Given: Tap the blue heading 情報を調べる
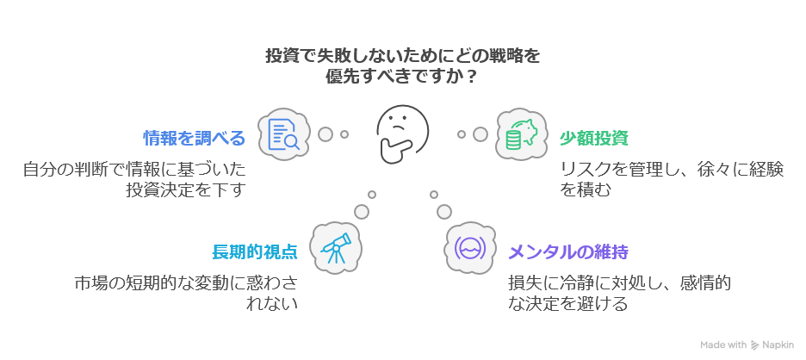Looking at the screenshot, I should (x=194, y=138).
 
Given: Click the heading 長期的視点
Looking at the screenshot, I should (x=255, y=252).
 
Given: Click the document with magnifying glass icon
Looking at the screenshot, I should (x=283, y=135).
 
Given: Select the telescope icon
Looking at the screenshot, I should (x=335, y=247).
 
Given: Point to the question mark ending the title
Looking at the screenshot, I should (x=473, y=77).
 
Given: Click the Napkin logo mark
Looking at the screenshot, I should (x=756, y=344).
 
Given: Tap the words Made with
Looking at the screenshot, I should (x=723, y=344).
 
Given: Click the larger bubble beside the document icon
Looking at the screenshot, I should (x=325, y=134).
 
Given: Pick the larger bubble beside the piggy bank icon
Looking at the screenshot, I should (x=480, y=134).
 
